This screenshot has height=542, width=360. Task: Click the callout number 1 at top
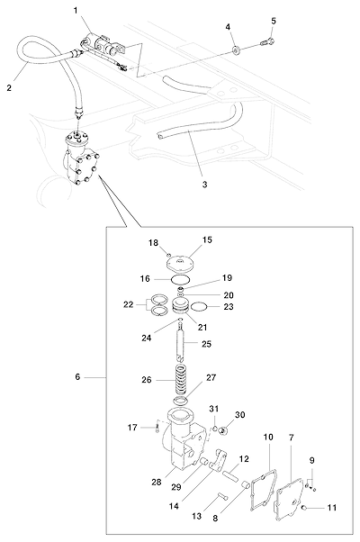click(76, 10)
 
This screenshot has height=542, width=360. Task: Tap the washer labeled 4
click(237, 50)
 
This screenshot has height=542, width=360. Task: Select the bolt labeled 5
click(267, 43)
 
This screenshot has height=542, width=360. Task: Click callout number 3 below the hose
click(204, 185)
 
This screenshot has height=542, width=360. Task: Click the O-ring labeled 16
click(180, 279)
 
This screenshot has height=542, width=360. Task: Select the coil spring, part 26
click(182, 379)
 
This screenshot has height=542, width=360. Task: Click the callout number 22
click(128, 305)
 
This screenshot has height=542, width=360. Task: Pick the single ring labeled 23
click(199, 306)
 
